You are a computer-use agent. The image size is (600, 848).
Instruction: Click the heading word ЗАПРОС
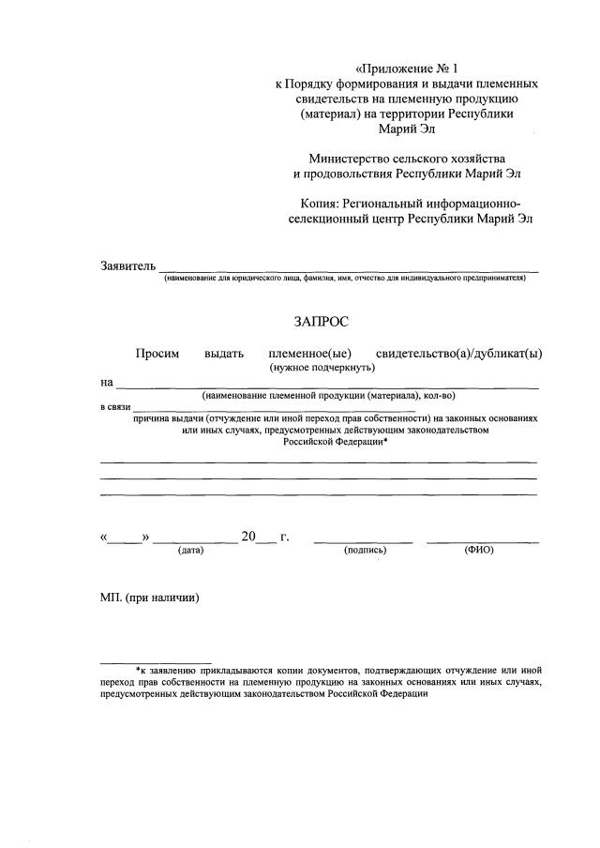(321, 322)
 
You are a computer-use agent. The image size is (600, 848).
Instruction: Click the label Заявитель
(127, 266)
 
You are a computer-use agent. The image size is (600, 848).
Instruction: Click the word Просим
(157, 354)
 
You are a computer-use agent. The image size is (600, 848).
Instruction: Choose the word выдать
(223, 354)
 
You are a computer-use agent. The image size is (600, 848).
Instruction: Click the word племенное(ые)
(309, 354)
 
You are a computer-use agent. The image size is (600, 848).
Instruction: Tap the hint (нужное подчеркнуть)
(322, 368)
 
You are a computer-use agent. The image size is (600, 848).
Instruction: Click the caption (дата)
(190, 551)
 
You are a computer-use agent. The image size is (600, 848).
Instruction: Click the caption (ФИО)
(479, 551)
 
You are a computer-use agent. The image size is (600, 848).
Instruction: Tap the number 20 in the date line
(248, 537)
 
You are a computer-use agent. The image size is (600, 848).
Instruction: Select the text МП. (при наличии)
(150, 598)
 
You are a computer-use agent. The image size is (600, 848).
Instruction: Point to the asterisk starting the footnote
(138, 671)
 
